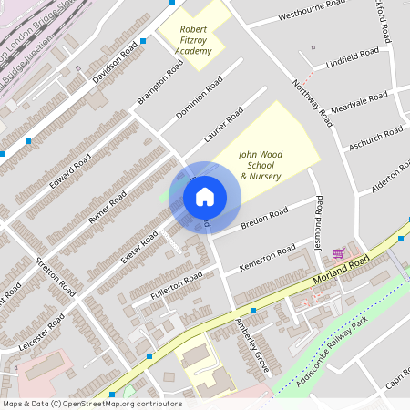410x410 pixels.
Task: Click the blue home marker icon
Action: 205,196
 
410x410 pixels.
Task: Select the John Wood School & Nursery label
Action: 260,165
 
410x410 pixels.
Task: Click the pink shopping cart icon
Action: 339,252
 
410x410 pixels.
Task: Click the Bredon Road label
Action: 263,218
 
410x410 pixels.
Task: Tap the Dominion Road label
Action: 200,99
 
